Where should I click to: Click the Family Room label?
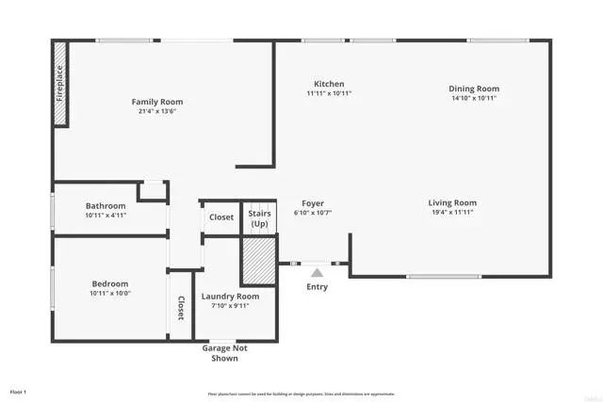pos(157,102)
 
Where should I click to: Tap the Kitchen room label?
pos(329,84)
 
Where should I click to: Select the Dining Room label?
pos(473,88)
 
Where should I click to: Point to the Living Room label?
pos(452,202)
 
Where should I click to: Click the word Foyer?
pos(313,203)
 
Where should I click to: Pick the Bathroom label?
pos(106,206)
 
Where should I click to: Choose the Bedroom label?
pos(109,283)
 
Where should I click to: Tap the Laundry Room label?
pos(230,296)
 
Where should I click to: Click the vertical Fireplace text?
pos(60,83)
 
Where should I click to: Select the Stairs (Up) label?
pos(259,219)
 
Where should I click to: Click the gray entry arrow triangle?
pos(317,272)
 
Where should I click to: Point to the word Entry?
pos(318,286)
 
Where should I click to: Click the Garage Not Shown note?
pos(223,353)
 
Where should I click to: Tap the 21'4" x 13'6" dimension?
pos(157,111)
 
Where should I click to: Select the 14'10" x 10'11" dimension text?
pos(473,98)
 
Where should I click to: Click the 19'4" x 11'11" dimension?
pos(452,212)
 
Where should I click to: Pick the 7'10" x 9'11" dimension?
pos(230,305)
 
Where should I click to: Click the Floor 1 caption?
pos(19,391)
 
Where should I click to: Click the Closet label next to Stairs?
pos(221,217)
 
